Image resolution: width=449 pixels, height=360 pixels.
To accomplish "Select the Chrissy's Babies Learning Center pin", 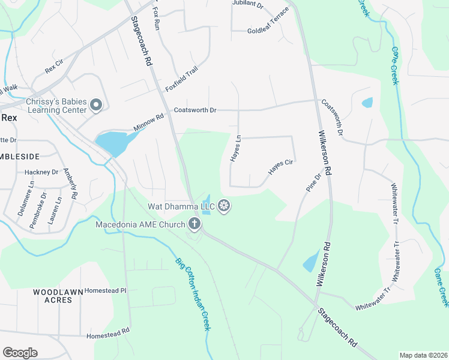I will tap(96, 106).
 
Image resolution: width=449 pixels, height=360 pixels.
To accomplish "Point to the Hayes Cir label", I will tap(280, 167).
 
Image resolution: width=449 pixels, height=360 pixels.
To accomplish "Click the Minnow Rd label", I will tap(149, 125).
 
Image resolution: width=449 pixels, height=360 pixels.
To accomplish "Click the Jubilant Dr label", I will tap(248, 5).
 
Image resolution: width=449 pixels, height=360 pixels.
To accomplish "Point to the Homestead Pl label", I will tap(106, 290).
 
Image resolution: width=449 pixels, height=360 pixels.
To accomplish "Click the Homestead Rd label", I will tap(108, 332).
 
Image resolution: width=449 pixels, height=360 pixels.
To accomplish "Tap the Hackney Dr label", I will tap(41, 172).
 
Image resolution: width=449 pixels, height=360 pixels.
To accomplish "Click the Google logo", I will tap(20, 352).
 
